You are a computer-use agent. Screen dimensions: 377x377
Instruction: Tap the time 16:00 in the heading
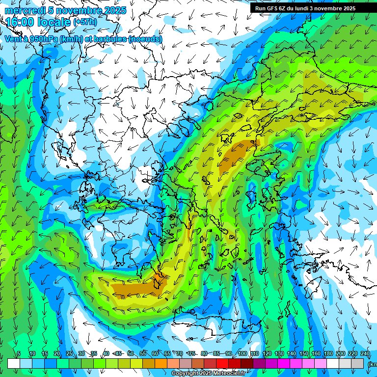20,22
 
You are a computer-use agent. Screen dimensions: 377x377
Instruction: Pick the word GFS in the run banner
275,8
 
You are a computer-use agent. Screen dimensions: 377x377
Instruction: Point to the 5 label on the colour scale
18,354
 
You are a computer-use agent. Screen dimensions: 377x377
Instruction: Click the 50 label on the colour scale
130,354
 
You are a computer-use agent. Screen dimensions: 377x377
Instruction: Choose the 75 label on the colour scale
192,354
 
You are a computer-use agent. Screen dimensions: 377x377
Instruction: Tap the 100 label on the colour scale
242,354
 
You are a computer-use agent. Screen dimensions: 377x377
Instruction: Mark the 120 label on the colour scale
267,354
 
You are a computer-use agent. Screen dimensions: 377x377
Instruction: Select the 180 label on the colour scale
328,354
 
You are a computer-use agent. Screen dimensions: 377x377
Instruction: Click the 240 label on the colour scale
365,354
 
